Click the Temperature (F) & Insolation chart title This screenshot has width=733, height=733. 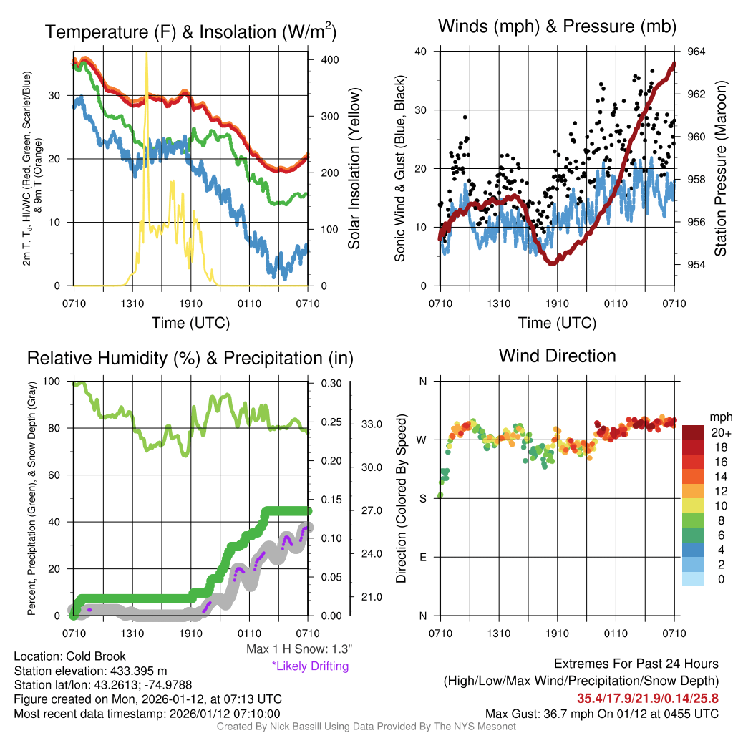(x=190, y=32)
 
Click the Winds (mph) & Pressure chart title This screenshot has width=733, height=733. (x=557, y=27)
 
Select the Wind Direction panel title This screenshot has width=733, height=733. (x=557, y=356)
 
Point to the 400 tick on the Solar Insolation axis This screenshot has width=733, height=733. (x=329, y=59)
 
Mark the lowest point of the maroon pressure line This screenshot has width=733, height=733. (x=553, y=263)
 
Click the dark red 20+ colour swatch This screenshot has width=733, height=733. (x=694, y=433)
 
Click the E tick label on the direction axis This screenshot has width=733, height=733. (x=422, y=557)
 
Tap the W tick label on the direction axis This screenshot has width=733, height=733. (x=422, y=440)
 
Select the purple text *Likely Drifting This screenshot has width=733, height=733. (x=310, y=666)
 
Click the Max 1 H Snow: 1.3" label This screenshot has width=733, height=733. (x=299, y=649)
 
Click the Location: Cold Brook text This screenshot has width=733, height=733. (x=70, y=656)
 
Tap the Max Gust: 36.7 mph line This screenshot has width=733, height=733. (x=601, y=714)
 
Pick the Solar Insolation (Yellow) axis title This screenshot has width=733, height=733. (x=354, y=169)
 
